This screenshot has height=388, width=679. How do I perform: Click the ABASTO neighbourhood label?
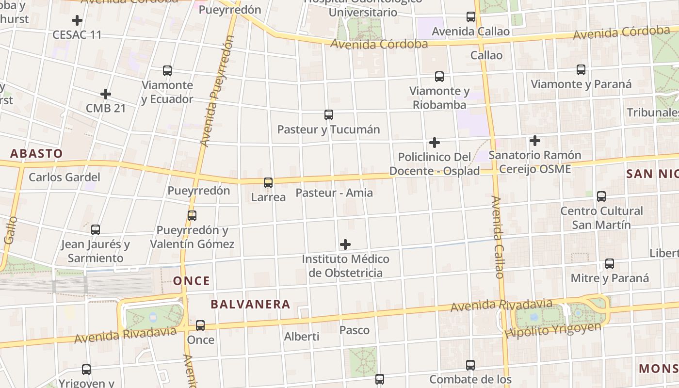[36, 154]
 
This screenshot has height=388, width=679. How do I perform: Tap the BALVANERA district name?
[250, 305]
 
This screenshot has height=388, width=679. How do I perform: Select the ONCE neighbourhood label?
[192, 281]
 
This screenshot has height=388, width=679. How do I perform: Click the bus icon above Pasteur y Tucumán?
[329, 115]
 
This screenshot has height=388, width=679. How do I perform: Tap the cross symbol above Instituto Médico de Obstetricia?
[345, 244]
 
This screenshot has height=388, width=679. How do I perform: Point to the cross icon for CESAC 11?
[77, 20]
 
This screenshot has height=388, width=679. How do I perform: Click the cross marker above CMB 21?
[106, 94]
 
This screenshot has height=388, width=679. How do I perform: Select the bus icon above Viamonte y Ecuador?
[167, 70]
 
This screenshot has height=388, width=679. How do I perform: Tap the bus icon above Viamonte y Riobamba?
[439, 76]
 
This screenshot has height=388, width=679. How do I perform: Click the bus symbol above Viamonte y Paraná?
[581, 69]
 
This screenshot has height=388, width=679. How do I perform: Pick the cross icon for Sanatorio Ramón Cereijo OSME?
[535, 141]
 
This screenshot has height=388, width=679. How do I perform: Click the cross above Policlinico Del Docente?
[435, 143]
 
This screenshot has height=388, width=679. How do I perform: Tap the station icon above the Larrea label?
[268, 183]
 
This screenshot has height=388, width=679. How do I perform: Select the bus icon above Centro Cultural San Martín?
[601, 196]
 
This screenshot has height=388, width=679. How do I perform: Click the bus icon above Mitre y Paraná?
[610, 264]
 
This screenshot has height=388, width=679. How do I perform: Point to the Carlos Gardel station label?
[65, 177]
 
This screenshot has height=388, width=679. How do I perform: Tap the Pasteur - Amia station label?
[334, 193]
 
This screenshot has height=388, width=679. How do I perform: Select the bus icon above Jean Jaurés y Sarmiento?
[96, 229]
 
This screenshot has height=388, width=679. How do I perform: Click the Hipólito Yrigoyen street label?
[552, 330]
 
